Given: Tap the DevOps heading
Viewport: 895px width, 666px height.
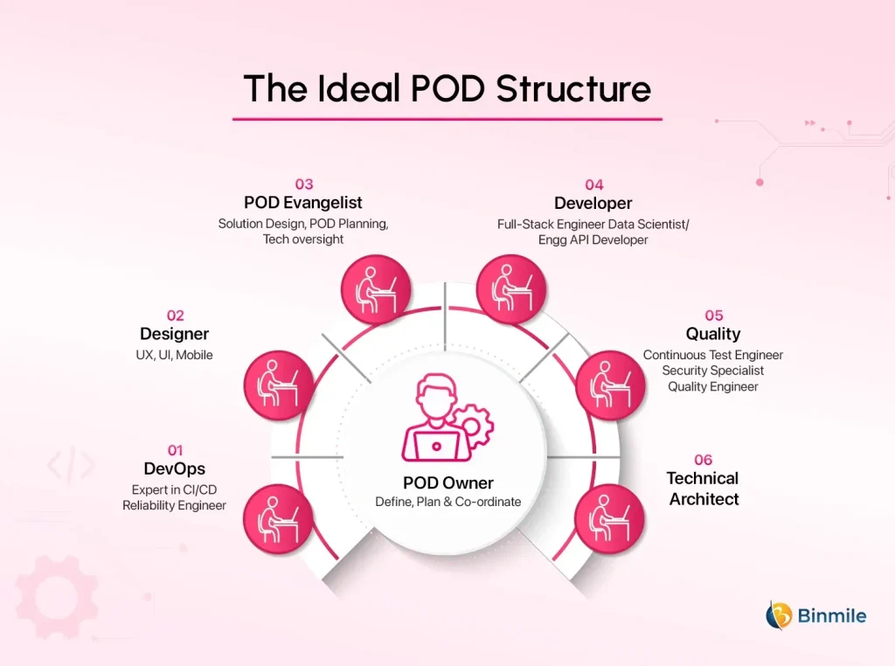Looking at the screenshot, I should coord(175,469).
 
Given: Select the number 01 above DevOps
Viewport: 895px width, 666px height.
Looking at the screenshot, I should coord(175,450).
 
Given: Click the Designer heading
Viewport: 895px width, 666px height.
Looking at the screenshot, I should coord(175,334).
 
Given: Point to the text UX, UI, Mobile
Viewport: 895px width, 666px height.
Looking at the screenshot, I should coord(175,355).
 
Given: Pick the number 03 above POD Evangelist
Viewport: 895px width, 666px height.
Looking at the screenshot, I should coord(303,184).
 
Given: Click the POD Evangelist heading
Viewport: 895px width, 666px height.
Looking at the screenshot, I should coord(303,204).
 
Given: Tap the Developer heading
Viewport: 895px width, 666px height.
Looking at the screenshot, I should coord(593,204).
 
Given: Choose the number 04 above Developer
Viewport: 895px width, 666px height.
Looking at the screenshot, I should coord(593,184).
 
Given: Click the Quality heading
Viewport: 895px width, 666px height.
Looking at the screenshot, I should coord(713,334).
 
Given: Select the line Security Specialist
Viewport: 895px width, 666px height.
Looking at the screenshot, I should coord(713,371).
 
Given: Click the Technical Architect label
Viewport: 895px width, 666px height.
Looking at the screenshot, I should coord(704,489).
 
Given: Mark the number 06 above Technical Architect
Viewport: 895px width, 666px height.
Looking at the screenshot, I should coord(704,460).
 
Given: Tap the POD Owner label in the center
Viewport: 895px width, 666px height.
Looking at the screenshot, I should coord(448,483).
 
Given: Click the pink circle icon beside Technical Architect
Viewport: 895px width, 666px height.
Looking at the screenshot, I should coord(610,515).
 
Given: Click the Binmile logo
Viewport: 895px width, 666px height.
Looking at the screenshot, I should coord(816,615).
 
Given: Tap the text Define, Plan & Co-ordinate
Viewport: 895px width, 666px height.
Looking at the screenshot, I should coord(448,502).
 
